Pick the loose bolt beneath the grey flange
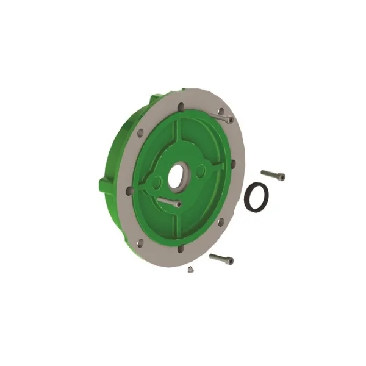221,259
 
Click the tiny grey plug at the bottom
190,267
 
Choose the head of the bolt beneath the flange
229,262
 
